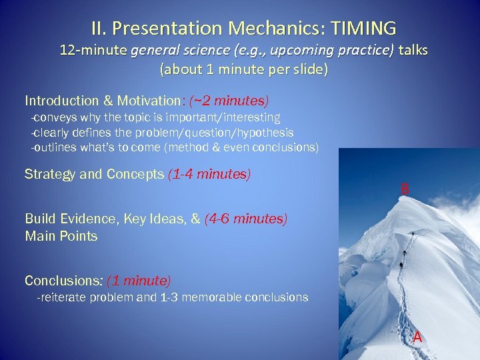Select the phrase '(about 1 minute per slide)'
point(244,69)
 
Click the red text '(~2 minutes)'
point(229,101)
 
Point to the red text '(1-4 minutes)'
point(209,175)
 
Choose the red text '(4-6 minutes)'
point(246,219)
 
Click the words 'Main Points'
point(61,236)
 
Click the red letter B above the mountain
point(404,189)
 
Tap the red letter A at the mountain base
point(417,337)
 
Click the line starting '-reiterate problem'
point(172,297)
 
